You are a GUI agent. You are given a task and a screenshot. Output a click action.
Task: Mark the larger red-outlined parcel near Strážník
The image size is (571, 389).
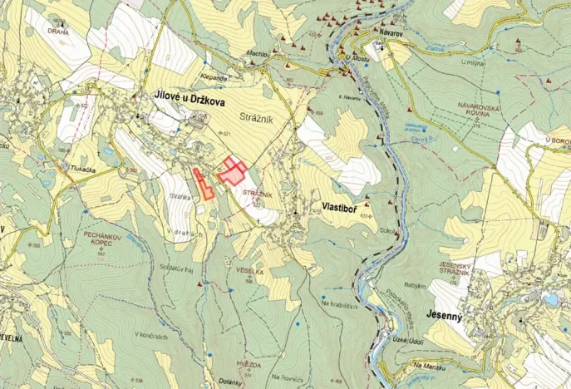[x=234, y=172]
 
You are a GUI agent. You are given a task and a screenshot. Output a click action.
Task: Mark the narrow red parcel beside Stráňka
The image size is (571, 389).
[x=202, y=185]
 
